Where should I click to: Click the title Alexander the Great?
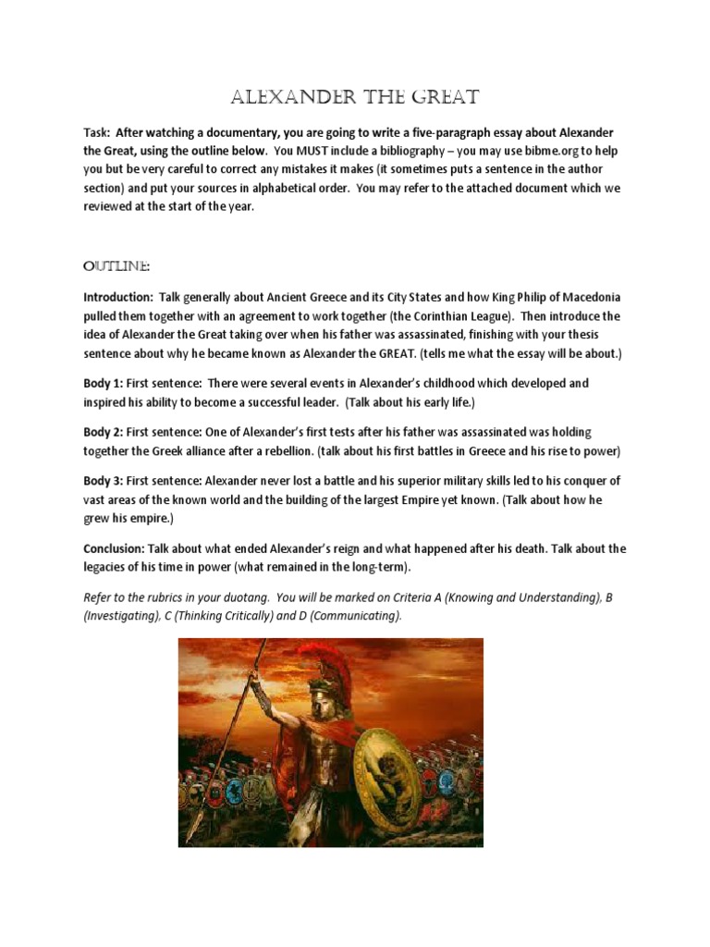point(354,98)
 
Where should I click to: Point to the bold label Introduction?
point(118,298)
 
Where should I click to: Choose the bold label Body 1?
point(104,383)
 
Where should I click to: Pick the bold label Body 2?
point(104,433)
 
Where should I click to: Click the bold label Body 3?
point(104,481)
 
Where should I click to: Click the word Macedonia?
point(588,298)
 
